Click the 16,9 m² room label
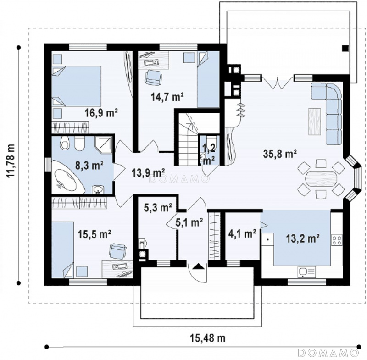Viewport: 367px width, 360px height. [101, 113]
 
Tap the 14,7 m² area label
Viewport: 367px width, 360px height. [167, 97]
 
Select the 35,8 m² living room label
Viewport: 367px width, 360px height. [280, 154]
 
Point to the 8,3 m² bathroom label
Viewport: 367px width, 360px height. [89, 166]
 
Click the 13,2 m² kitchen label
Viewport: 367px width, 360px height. [302, 239]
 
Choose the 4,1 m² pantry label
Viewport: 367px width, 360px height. [242, 233]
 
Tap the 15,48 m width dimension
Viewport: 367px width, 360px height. [207, 338]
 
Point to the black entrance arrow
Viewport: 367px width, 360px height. [199, 266]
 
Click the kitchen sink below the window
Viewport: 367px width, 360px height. [306, 272]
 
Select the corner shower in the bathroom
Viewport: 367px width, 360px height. [103, 144]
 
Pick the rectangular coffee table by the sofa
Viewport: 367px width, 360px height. [315, 122]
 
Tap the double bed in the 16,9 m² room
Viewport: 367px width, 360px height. [76, 86]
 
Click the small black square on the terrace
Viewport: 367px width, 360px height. [345, 49]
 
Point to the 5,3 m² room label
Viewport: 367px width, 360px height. [158, 207]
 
